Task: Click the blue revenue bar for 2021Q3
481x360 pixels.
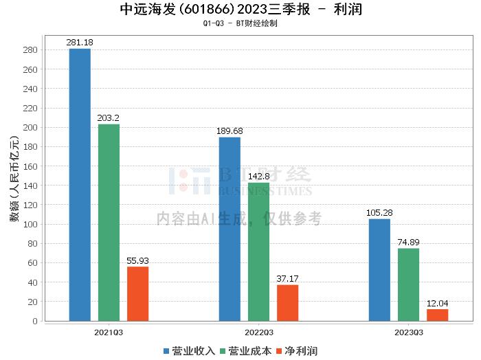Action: [x=80, y=185]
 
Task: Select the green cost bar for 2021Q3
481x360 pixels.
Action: [x=109, y=223]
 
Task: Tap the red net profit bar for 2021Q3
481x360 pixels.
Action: [x=137, y=294]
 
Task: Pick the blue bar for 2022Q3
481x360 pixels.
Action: [x=230, y=229]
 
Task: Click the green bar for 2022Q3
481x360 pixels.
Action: [x=258, y=251]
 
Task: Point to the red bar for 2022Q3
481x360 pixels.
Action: [x=287, y=303]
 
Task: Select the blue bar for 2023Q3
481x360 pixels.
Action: [x=379, y=270]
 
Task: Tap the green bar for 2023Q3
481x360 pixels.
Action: [x=408, y=284]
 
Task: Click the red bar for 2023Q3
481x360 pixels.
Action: [x=438, y=315]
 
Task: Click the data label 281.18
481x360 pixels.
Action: [x=80, y=43]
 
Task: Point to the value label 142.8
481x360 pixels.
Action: [x=259, y=177]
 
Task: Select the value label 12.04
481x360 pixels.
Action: [x=438, y=303]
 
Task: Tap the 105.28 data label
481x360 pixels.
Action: [x=379, y=212]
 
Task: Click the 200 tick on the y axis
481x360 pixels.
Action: [x=30, y=128]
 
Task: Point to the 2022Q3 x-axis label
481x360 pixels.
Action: [x=259, y=333]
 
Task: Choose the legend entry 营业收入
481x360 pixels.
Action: [x=189, y=351]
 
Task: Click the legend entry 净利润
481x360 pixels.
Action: [x=297, y=351]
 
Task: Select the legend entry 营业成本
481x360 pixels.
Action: [x=246, y=351]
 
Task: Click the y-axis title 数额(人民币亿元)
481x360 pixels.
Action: [x=14, y=179]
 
